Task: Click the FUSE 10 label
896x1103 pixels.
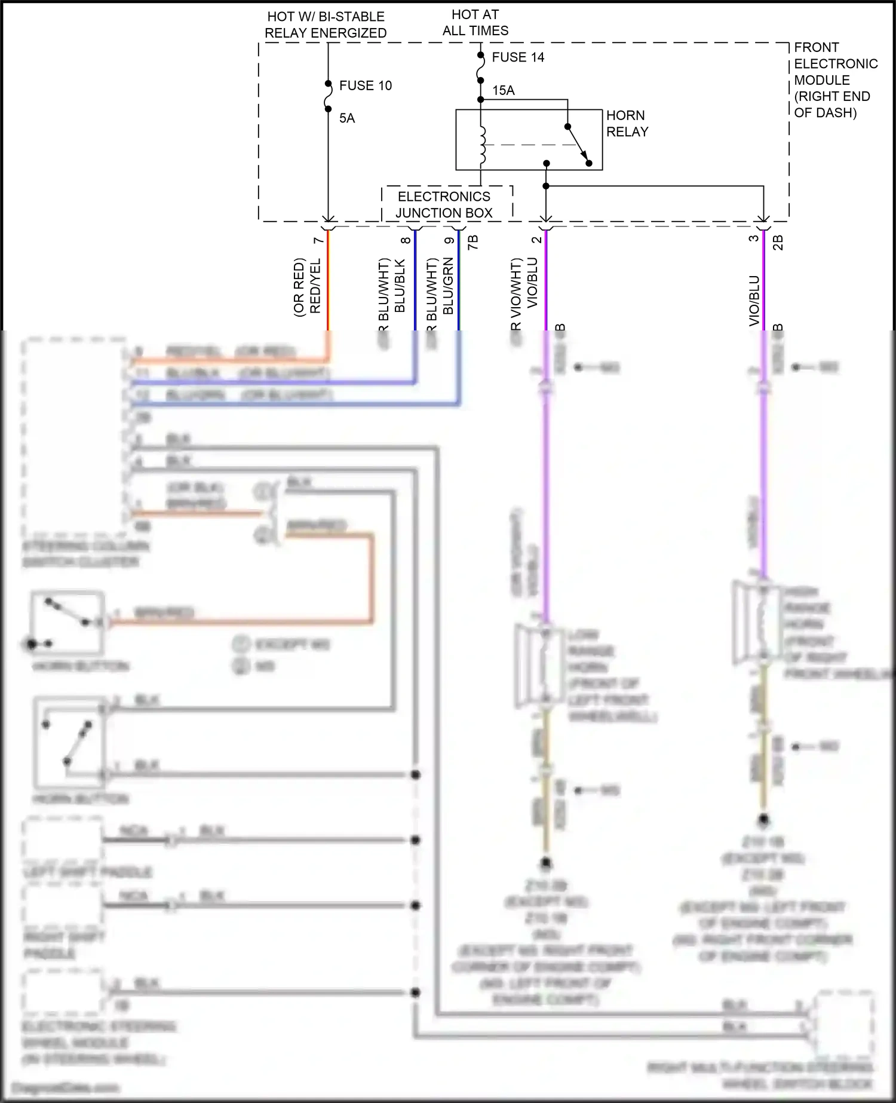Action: coord(365,85)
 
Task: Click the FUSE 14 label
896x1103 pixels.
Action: coord(517,57)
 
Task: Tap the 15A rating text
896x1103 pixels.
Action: coord(503,90)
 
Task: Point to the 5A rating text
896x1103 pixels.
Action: coord(347,118)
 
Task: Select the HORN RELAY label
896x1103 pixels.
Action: coord(627,124)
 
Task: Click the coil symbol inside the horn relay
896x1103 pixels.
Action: coord(483,145)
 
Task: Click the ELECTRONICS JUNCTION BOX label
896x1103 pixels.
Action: coord(444,205)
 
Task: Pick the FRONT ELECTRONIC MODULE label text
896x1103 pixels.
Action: coord(835,80)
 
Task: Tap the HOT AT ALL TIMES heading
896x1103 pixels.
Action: coord(475,23)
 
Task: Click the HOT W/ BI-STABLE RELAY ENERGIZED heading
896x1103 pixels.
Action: coord(326,25)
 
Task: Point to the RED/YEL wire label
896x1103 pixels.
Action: coord(315,286)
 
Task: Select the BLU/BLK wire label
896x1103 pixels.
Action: coord(400,286)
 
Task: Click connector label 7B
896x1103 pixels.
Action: coord(472,242)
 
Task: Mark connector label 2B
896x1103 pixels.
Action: coord(778,242)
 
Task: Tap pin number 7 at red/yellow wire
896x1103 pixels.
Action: coord(318,240)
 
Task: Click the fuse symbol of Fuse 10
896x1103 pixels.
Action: coord(328,96)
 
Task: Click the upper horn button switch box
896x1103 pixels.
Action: coord(67,623)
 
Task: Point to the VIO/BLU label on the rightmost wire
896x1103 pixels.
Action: coord(754,301)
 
